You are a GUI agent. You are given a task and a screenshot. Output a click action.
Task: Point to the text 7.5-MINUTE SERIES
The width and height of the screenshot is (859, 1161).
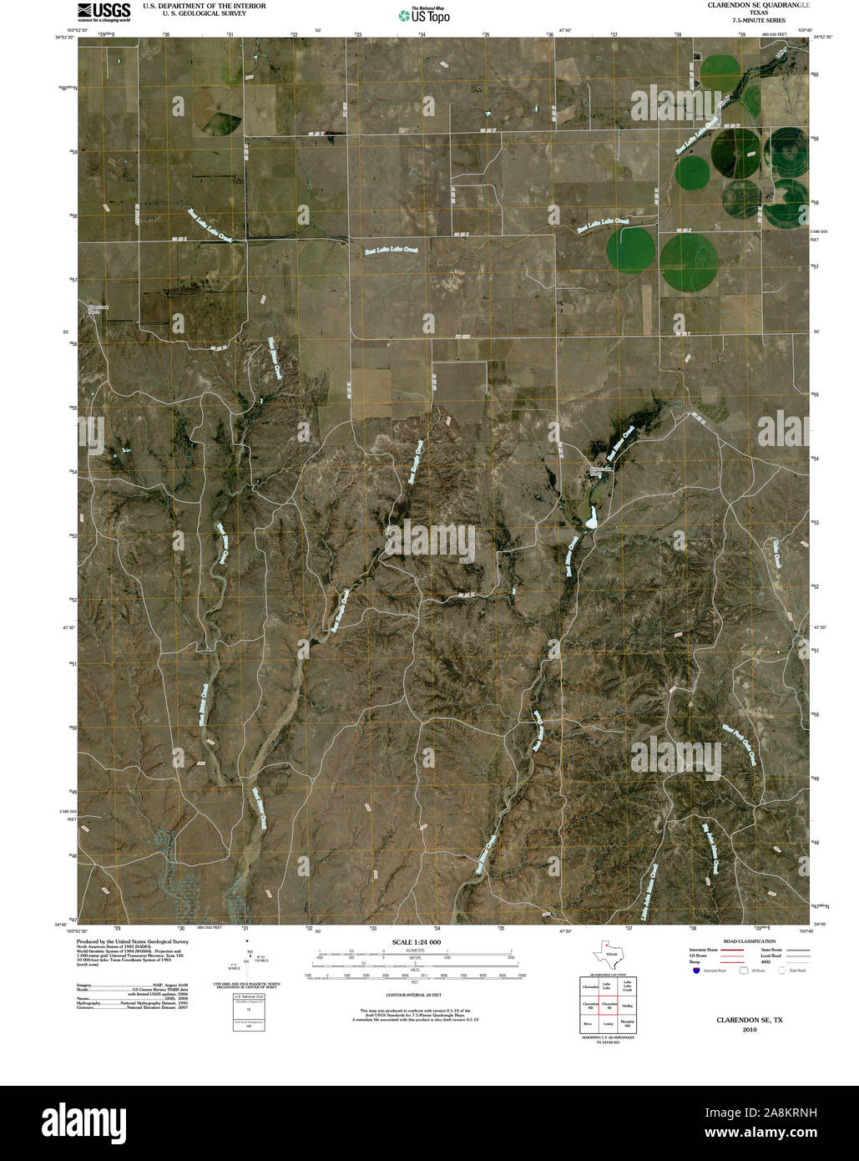tap(758, 20)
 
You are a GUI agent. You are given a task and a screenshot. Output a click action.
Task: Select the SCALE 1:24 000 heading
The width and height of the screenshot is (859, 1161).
tap(416, 942)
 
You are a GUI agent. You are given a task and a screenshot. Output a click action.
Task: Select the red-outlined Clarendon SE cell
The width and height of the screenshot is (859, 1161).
tap(609, 1006)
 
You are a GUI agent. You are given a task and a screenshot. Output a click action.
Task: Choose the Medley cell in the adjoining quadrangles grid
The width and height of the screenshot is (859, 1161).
tap(628, 1006)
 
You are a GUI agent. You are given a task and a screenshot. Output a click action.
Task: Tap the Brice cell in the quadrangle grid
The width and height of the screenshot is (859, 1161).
tap(589, 1024)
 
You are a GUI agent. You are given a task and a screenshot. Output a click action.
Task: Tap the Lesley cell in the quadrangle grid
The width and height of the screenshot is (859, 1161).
tap(609, 1024)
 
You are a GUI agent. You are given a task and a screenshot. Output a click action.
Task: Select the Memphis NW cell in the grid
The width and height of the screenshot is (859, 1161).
tap(628, 1024)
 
